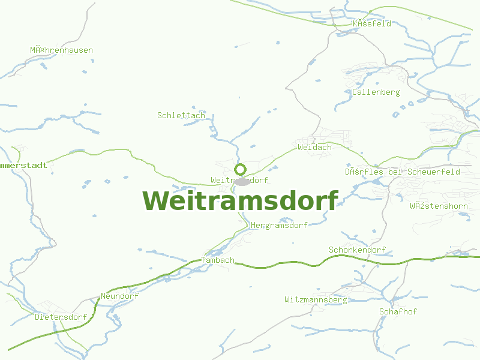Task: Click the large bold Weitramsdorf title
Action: [x=241, y=200]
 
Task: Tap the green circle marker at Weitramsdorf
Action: [x=241, y=169]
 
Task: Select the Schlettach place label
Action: [x=181, y=115]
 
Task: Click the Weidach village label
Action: [x=314, y=147]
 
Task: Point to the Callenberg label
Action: [x=376, y=92]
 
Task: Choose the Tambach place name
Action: [x=218, y=260]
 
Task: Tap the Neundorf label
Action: [x=119, y=296]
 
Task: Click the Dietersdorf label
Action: [x=61, y=317]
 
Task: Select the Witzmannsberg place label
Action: [x=316, y=299]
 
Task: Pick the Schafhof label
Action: [x=398, y=311]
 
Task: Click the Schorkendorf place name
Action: [x=357, y=250]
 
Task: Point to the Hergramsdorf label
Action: [x=279, y=225]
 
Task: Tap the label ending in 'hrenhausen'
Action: [x=62, y=50]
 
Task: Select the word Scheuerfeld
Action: [x=433, y=172]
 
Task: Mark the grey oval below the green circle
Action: [x=242, y=181]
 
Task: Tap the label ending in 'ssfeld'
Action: [x=372, y=24]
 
